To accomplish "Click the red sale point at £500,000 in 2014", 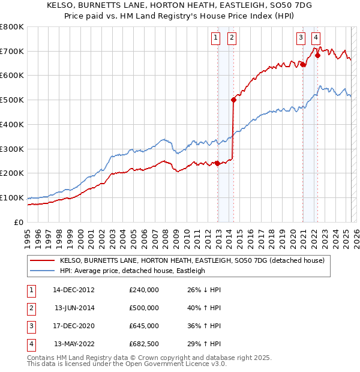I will [233, 100].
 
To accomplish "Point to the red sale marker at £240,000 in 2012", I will [217, 163].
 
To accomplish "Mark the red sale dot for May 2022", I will [317, 55].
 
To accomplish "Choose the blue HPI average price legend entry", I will [132, 271].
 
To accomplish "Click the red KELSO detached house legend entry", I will [192, 260].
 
